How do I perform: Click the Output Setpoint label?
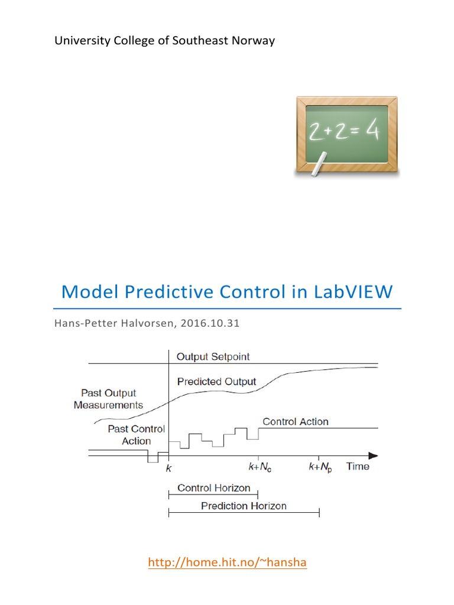(x=213, y=357)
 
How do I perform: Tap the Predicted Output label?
(x=216, y=382)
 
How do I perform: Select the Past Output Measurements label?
(x=108, y=399)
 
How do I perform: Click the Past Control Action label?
(x=136, y=435)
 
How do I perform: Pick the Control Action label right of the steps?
(x=295, y=422)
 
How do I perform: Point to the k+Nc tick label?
(x=260, y=467)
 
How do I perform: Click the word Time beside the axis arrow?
(x=358, y=467)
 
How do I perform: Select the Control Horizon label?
(x=214, y=489)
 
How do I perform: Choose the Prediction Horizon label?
(x=244, y=506)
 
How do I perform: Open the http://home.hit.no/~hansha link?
(x=227, y=562)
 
